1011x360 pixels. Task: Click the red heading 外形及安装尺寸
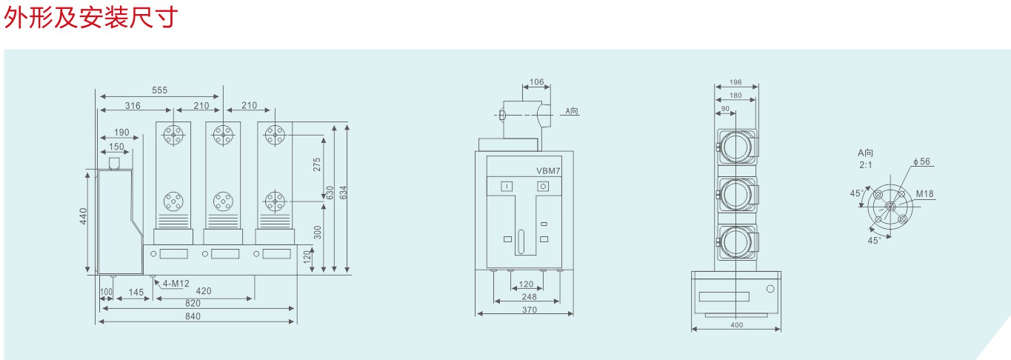(90, 18)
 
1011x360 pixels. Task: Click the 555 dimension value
(159, 90)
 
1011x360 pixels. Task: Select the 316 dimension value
(133, 106)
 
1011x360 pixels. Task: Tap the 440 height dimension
(83, 216)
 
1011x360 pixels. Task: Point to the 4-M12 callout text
(176, 283)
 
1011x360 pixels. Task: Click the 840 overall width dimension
(193, 316)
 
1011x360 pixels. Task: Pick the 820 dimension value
(193, 303)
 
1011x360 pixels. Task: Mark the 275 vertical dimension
(317, 164)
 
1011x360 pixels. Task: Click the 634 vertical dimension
(344, 193)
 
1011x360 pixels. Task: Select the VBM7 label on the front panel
(548, 171)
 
